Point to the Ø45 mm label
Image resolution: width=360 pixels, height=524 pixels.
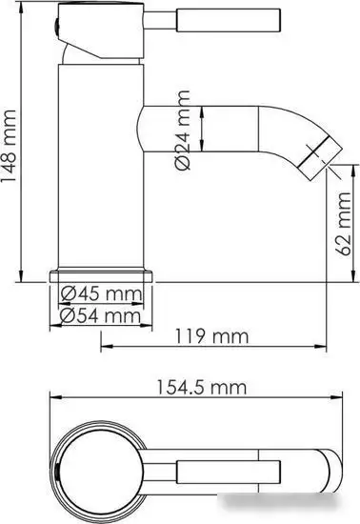(98, 292)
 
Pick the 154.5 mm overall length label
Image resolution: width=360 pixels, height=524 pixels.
(204, 388)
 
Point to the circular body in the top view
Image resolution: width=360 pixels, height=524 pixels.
(100, 466)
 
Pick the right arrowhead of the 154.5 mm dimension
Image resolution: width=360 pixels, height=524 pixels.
(348, 398)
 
